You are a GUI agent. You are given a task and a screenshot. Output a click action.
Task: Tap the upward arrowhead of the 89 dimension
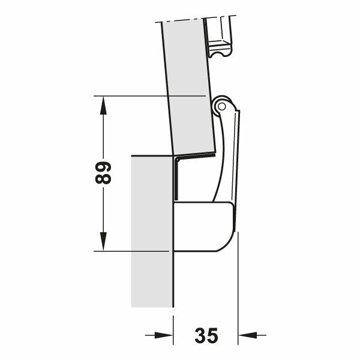click(104, 104)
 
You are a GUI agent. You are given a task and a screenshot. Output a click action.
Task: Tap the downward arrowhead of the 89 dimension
click(104, 242)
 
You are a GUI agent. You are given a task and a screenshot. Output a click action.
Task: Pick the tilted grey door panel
click(186, 84)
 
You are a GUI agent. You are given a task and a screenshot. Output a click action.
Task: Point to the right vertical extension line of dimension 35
click(239, 288)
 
